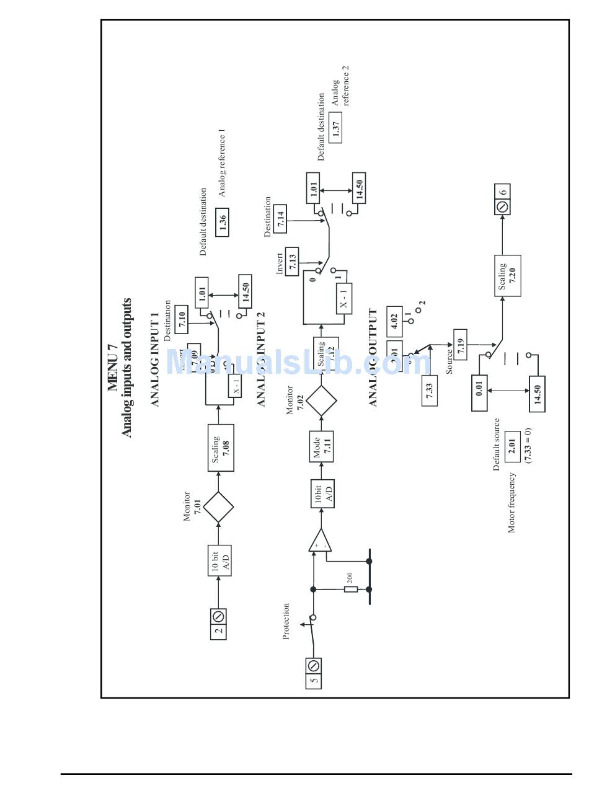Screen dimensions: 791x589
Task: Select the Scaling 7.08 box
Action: click(220, 448)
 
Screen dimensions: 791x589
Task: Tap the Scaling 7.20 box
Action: click(507, 275)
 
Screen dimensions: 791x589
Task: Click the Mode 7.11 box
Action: click(321, 446)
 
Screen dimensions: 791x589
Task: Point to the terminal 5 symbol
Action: click(314, 673)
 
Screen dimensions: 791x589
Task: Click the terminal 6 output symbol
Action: click(502, 199)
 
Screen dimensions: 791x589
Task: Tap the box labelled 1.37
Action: click(335, 128)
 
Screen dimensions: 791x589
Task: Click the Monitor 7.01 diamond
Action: click(218, 507)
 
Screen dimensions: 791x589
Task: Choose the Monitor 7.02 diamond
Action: click(321, 400)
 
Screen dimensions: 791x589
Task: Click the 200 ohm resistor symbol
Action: click(351, 589)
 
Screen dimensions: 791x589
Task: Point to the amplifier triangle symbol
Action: click(319, 541)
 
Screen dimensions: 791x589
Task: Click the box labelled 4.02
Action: click(394, 321)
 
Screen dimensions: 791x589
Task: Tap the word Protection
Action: click(286, 621)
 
